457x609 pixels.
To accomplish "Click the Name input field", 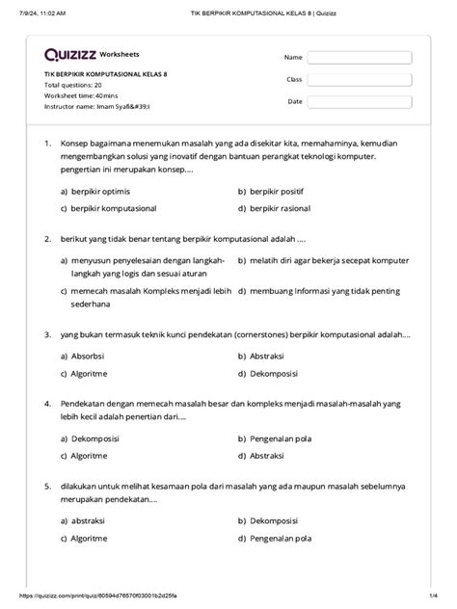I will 359,57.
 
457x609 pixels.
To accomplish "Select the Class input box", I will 359,79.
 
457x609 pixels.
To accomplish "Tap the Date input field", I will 359,101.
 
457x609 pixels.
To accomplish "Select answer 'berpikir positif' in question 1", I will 280,191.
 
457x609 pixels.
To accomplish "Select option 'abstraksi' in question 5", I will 89,519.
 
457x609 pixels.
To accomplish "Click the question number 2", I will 47,236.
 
